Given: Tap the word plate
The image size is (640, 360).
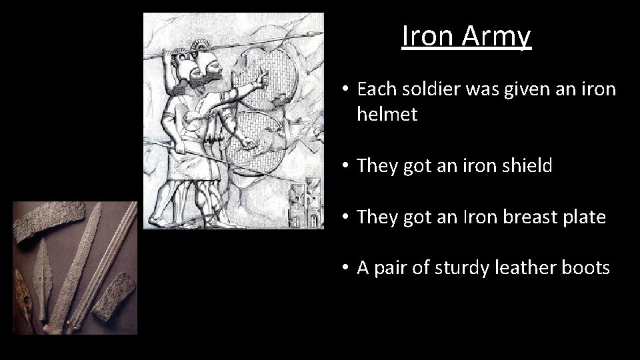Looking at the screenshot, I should [582, 217].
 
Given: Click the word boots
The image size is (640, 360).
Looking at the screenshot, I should [585, 268].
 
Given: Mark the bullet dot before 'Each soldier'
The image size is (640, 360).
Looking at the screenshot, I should [341, 89].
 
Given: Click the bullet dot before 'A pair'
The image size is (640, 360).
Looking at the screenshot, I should [341, 268].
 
